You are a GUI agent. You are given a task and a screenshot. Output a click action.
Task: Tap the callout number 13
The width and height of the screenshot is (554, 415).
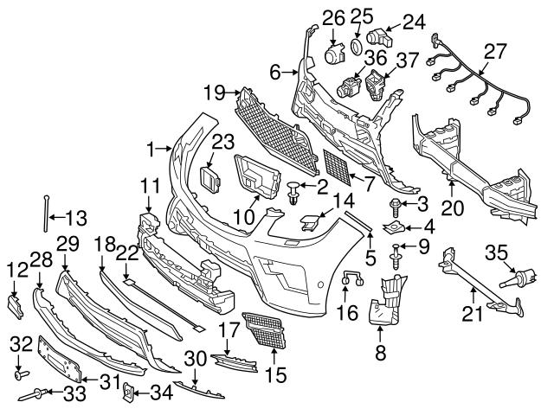pos(77,217)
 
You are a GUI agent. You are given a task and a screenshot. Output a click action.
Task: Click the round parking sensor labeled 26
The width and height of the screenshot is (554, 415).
pos(332,54)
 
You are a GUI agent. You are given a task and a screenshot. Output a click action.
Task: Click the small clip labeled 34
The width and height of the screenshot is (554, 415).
pos(126,393)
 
